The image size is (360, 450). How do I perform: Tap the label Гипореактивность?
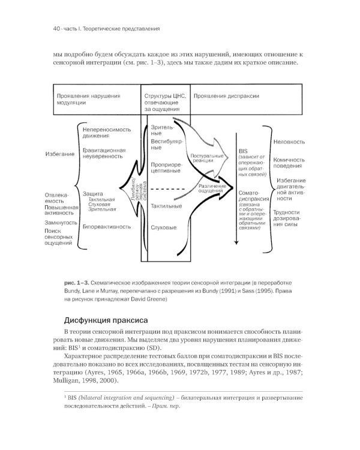tap(107, 227)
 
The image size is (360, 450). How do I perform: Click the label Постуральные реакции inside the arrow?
tap(204, 158)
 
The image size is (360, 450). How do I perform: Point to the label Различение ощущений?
tap(211, 189)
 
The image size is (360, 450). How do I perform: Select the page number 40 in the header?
tap(41, 28)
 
